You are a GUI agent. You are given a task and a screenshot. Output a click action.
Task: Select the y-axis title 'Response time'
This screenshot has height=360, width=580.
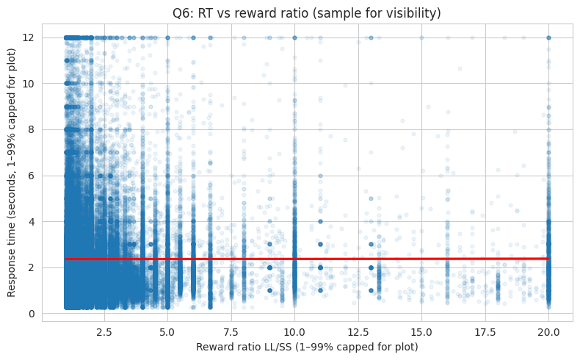[x=12, y=175]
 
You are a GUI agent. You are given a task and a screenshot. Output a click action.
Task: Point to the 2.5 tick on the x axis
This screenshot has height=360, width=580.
[x=104, y=331]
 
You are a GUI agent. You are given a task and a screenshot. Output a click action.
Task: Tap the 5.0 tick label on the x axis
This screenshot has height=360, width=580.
[x=167, y=331]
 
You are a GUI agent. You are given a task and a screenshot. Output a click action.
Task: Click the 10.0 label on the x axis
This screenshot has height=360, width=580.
[x=294, y=331]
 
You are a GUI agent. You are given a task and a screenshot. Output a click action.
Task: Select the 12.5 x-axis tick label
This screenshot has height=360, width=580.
[x=358, y=331]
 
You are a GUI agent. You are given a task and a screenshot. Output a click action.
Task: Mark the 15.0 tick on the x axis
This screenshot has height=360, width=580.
[x=421, y=331]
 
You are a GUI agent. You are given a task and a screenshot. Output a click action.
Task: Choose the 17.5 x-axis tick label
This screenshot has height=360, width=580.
[x=485, y=331]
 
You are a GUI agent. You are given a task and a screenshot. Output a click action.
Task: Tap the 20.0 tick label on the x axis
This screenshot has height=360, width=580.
[x=548, y=331]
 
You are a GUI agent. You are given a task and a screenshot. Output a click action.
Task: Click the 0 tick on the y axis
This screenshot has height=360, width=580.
[x=32, y=314]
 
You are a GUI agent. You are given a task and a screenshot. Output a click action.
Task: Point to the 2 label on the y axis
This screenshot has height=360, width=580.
[x=32, y=267]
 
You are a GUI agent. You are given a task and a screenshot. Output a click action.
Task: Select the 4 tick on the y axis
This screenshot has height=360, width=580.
[x=32, y=221]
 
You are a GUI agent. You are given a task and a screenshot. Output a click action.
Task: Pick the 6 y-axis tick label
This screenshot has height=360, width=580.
[x=32, y=176]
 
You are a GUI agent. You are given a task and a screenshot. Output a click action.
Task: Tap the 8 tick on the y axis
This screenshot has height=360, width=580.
[x=32, y=129]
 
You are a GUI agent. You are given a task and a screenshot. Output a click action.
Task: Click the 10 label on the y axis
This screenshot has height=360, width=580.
[x=29, y=83]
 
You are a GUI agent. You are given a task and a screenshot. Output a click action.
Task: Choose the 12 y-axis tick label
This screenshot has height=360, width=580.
[x=29, y=37]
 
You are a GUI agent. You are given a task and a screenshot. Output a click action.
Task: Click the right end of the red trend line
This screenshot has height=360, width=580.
[x=548, y=259]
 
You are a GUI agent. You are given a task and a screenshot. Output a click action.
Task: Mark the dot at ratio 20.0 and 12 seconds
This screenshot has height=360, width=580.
[x=548, y=37]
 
